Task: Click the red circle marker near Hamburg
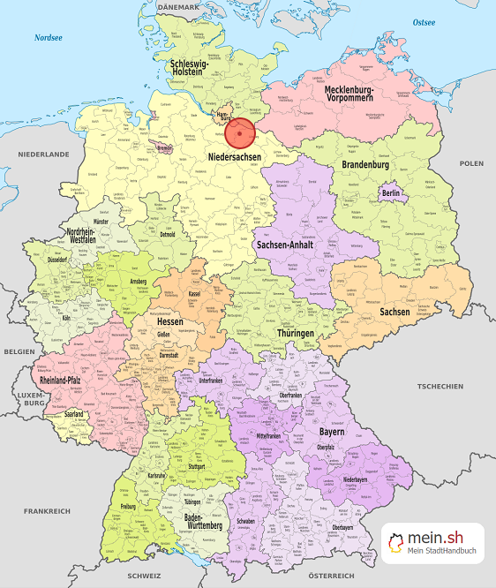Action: [239, 133]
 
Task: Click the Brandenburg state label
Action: [364, 165]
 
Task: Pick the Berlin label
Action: [391, 193]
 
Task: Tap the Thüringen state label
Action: [295, 333]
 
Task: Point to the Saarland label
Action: [74, 413]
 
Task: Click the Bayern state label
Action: [333, 433]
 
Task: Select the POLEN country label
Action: [471, 163]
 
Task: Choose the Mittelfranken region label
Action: [274, 436]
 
